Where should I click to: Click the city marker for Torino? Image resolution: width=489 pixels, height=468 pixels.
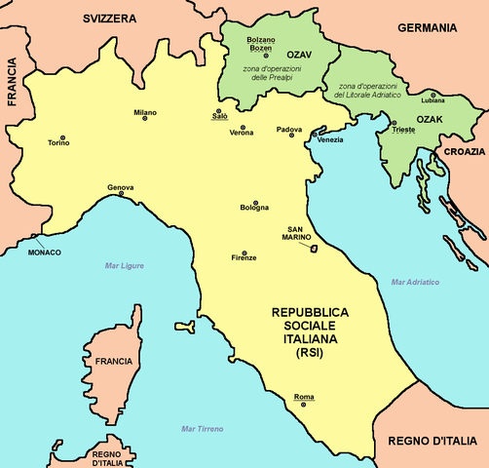[x=63, y=137]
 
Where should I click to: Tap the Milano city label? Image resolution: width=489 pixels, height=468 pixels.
[x=145, y=111]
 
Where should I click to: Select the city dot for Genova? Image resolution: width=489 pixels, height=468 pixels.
[x=122, y=194]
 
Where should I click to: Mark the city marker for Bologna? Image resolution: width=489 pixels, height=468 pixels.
[x=255, y=215]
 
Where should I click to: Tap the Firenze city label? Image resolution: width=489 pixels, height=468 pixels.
[x=244, y=257]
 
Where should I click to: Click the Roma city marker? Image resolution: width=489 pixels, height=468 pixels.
[x=303, y=405]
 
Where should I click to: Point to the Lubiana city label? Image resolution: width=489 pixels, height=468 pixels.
[x=433, y=100]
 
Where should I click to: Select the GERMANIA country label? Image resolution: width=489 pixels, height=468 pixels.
[x=428, y=28]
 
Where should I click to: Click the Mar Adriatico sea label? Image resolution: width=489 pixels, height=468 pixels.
[x=415, y=283]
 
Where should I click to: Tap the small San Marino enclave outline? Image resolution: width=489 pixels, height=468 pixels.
[x=314, y=249]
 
